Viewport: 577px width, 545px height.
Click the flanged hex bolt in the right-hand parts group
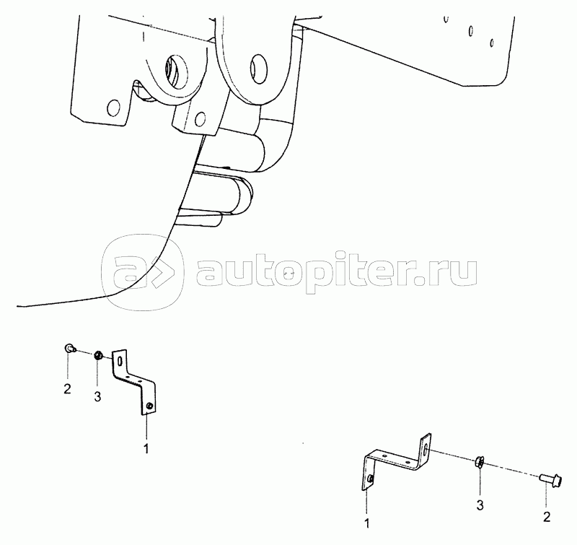[553, 478]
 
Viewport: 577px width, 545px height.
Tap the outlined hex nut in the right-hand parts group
[479, 462]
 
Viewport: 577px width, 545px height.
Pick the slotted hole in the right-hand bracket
[426, 450]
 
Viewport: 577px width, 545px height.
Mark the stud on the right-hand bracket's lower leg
[369, 479]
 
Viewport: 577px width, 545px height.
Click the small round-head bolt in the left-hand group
[67, 349]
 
